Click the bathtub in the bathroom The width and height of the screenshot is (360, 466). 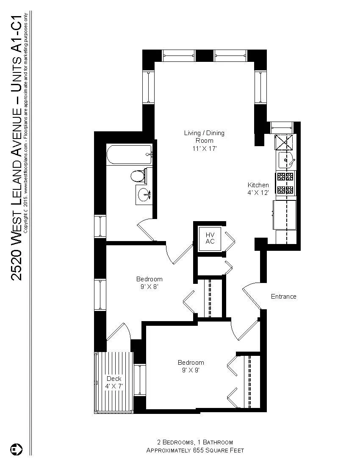click(129, 155)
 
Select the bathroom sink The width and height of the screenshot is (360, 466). click(144, 195)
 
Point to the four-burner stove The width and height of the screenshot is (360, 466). click(285, 183)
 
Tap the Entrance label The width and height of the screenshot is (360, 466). click(283, 297)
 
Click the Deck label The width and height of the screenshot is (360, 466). click(114, 379)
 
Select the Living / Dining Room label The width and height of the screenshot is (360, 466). click(204, 136)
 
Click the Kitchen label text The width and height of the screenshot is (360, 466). click(258, 185)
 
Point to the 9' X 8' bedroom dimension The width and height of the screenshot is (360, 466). click(149, 286)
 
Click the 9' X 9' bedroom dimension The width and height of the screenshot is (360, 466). click(191, 370)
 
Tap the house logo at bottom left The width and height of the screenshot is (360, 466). click(16, 449)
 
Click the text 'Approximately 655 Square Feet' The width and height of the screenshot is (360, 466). click(195, 450)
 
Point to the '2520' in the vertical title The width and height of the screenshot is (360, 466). click(16, 267)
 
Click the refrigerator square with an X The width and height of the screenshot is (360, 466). click(281, 142)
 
